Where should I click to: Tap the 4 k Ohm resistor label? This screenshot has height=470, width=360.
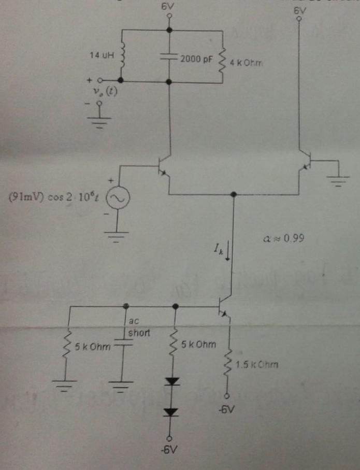pos(247,63)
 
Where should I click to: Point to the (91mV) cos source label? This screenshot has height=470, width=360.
pos(51,198)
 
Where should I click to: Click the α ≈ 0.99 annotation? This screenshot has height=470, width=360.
pos(283,238)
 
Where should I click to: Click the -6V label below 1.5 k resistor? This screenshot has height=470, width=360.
pos(226,409)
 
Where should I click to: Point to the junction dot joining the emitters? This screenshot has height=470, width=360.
pos(234,195)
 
